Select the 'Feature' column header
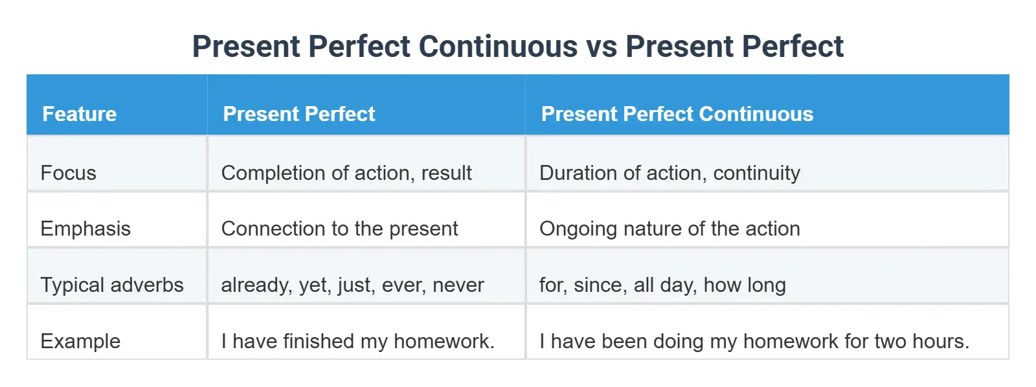[80, 114]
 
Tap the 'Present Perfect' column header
[298, 114]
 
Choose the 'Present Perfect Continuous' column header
[677, 114]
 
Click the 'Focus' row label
[68, 173]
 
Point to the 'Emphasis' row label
[85, 228]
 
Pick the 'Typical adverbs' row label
[112, 285]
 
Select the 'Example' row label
[80, 341]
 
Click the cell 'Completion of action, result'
[346, 173]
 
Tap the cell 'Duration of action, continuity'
[670, 173]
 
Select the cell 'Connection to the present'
[339, 228]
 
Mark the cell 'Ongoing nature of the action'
[670, 228]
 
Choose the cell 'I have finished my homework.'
[357, 341]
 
